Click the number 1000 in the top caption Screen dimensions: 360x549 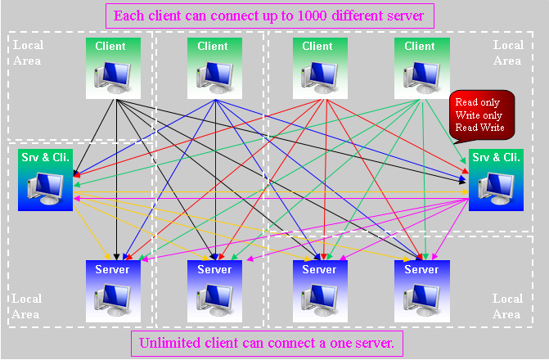[x=313, y=16]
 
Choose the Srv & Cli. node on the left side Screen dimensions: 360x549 [x=45, y=180]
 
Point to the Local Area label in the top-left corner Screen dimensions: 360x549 [x=28, y=53]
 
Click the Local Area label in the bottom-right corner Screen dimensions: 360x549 [x=507, y=306]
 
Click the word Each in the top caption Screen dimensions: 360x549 [x=127, y=16]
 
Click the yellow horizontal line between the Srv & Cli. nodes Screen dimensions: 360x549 [x=270, y=192]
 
